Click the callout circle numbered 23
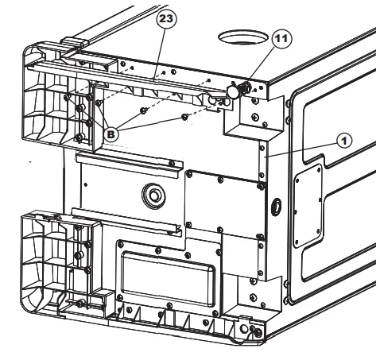coord(166,18)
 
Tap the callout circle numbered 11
coord(281,39)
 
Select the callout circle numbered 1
coord(344,141)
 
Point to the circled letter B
coord(111,134)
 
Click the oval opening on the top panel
coord(242,37)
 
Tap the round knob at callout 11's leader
coord(233,91)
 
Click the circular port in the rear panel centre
coord(153,196)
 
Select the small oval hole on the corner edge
coord(277,206)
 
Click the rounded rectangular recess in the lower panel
coord(168,278)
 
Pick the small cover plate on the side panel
coord(308,206)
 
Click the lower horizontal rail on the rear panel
coord(126,221)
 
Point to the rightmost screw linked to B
coord(184,116)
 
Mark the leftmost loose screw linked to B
coord(99,103)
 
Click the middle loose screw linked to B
coord(143,110)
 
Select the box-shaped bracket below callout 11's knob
coord(253,118)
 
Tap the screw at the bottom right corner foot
coord(258,331)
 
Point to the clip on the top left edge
coord(74,42)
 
